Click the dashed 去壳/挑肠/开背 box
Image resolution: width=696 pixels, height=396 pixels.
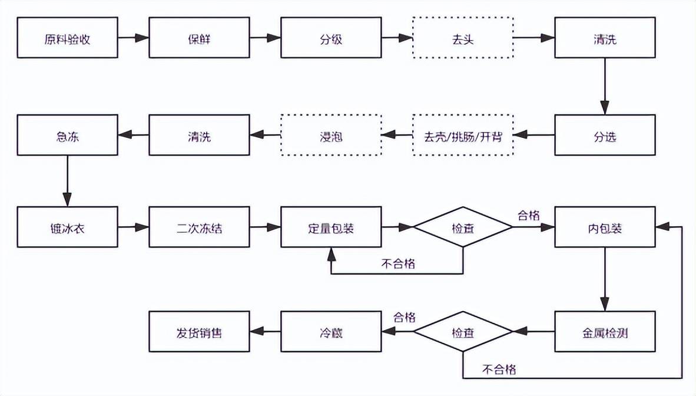463,136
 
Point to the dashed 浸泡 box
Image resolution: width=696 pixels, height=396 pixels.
331,136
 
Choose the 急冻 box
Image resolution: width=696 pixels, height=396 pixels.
67,136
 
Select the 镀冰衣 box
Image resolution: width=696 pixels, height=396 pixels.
67,227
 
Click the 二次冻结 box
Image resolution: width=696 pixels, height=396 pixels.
199,227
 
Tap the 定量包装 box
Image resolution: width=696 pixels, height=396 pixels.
331,227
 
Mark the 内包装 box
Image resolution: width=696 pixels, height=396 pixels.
605,227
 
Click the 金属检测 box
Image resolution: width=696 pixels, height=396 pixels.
605,332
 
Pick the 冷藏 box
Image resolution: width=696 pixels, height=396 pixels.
331,332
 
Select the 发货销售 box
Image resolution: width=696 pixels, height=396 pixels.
199,332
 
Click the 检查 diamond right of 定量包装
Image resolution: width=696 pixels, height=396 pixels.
463,227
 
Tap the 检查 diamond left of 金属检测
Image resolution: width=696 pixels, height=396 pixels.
463,332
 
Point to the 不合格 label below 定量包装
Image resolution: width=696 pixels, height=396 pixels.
398,263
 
